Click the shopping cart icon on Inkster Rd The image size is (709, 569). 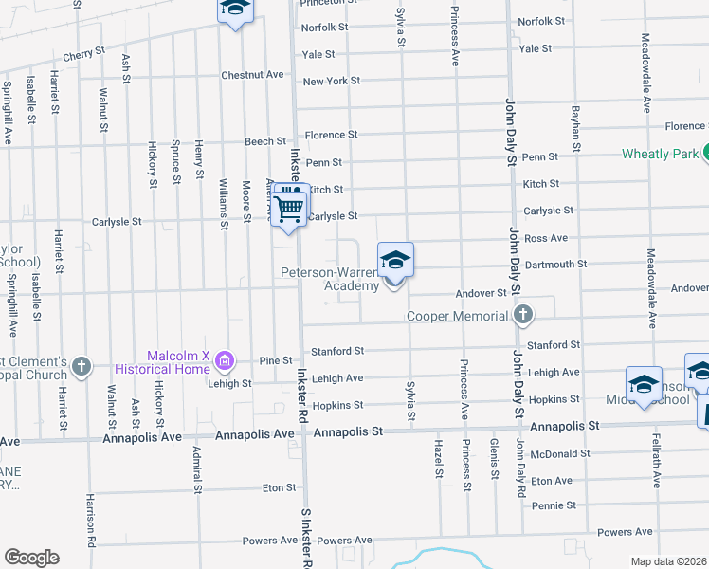[290, 207]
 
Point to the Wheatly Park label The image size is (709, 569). [660, 154]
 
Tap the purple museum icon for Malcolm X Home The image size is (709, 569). [224, 361]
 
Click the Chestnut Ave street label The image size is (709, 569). [252, 74]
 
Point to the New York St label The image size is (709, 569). [332, 82]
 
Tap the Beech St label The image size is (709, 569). [259, 141]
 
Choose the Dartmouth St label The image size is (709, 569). [555, 264]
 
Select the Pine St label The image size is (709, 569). [276, 360]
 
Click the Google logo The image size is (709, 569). [31, 558]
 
